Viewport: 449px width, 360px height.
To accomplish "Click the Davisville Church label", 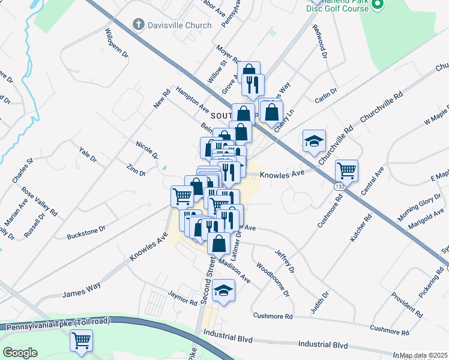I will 179,25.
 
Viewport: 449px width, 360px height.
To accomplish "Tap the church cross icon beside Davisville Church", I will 138,25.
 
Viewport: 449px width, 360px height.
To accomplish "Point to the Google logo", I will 20,353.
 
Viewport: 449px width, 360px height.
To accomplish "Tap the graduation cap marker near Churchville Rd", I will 314,141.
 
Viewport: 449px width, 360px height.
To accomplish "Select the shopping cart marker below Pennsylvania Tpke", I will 81,340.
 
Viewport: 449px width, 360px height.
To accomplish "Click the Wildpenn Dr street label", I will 117,43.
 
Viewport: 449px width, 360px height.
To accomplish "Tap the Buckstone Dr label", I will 86,229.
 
